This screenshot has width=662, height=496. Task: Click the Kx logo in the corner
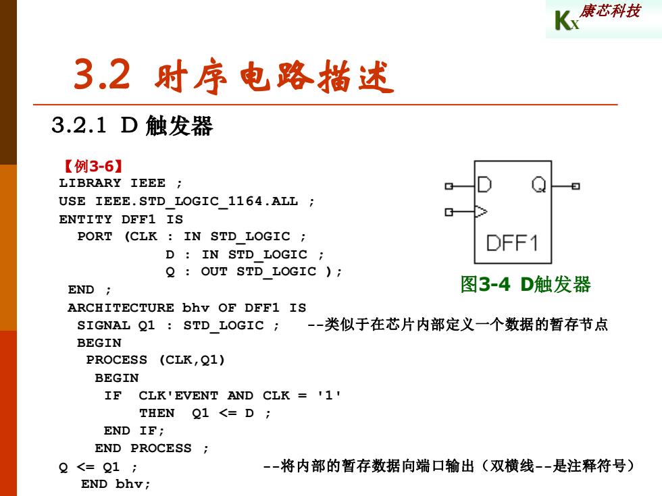567,21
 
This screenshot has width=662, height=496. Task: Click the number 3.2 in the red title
102,74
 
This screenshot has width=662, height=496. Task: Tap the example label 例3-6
94,166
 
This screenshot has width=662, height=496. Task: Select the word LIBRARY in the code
89,183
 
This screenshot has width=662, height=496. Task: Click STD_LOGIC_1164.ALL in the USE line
197,201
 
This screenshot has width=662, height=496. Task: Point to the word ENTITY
85,219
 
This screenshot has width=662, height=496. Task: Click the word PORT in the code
95,236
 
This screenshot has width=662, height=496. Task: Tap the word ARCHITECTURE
121,308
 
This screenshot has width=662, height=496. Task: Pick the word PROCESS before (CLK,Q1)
117,360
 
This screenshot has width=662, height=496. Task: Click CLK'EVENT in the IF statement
178,395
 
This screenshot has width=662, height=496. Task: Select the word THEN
157,413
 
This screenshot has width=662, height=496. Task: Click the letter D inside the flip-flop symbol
484,184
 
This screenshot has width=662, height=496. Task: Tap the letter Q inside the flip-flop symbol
539,184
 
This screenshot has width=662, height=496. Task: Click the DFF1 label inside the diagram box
512,243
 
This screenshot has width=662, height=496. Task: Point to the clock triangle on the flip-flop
481,211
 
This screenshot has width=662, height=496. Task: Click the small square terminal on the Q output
576,186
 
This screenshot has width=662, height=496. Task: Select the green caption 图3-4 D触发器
526,284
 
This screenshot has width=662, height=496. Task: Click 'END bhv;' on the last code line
116,484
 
